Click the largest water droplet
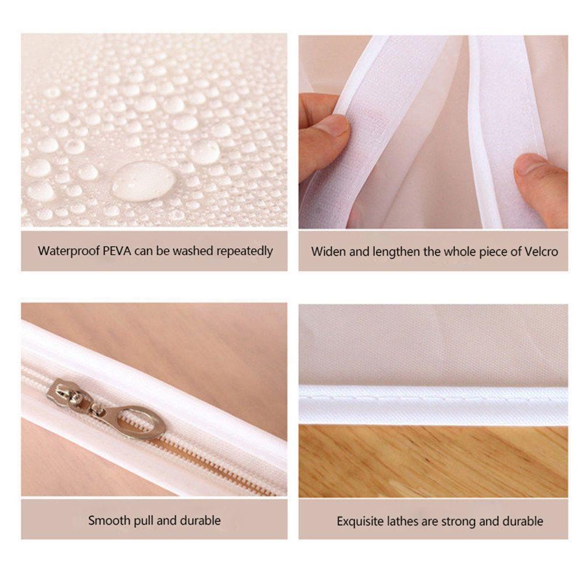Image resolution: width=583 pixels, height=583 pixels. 143,181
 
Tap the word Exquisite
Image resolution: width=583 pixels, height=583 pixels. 361,521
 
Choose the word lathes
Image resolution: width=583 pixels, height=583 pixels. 405,521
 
